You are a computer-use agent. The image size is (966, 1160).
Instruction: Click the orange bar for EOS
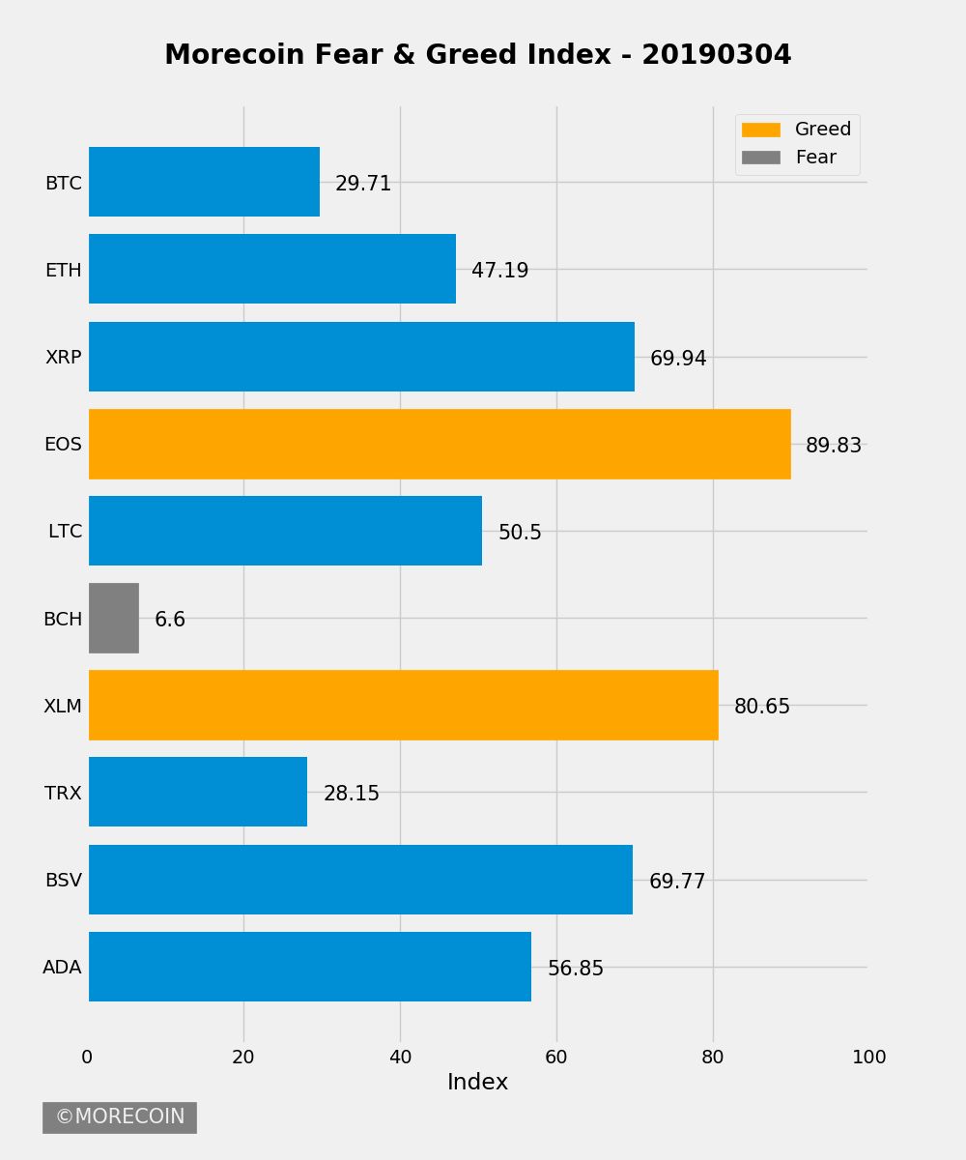440,444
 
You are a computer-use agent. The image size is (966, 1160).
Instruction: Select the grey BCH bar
114,618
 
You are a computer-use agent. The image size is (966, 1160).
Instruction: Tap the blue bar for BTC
204,182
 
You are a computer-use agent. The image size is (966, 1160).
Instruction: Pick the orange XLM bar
404,705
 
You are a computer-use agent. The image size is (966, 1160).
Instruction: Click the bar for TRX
198,792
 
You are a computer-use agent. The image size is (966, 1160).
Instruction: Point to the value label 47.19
499,271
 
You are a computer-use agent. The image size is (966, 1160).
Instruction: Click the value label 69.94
678,359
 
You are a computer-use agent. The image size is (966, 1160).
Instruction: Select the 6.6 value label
170,620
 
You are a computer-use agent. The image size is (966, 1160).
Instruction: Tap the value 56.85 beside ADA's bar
575,969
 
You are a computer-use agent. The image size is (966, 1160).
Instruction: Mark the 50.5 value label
520,533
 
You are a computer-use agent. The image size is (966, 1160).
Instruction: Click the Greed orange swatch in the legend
760,130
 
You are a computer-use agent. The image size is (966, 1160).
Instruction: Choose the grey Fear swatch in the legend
760,158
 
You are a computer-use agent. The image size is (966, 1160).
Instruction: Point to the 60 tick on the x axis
556,1058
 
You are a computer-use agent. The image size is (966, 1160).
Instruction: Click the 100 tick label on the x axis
868,1058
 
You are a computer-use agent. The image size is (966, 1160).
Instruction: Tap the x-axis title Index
477,1083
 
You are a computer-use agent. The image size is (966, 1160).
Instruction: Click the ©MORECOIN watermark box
120,1117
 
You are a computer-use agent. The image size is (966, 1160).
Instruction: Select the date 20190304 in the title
716,55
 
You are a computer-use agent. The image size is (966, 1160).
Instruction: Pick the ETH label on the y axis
63,270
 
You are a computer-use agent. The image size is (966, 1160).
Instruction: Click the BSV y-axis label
63,880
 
